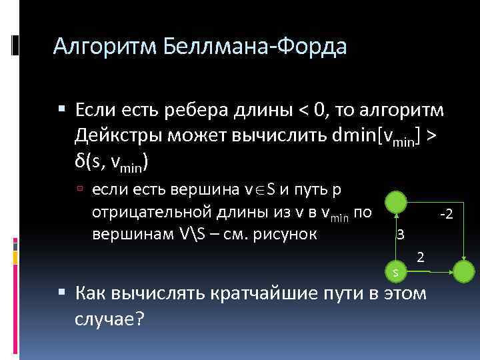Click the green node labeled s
click(396, 271)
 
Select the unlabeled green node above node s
click(396, 202)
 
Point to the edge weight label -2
click(447, 214)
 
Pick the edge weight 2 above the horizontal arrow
click(420, 257)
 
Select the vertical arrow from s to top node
click(396, 237)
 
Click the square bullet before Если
click(62, 110)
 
